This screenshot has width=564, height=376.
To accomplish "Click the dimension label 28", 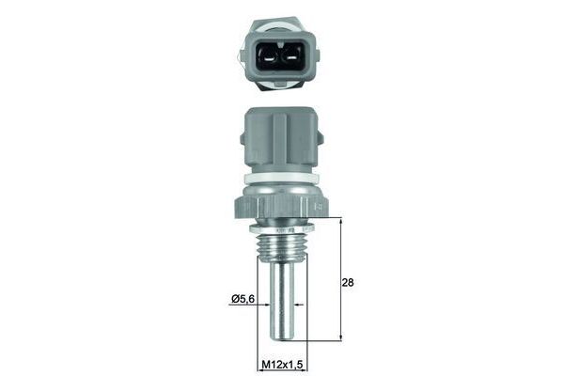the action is [348, 282].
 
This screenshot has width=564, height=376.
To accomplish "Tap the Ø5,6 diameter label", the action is [243, 298].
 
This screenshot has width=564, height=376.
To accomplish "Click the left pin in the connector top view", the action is [269, 58].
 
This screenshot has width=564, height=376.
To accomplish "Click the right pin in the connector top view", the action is [291, 58].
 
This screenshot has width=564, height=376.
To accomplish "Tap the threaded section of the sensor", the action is [282, 245].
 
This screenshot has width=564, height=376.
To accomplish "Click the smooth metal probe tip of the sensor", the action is [282, 301].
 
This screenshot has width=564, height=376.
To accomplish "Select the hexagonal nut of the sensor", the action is [281, 207].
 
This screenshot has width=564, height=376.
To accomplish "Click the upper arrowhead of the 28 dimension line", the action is [340, 220].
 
